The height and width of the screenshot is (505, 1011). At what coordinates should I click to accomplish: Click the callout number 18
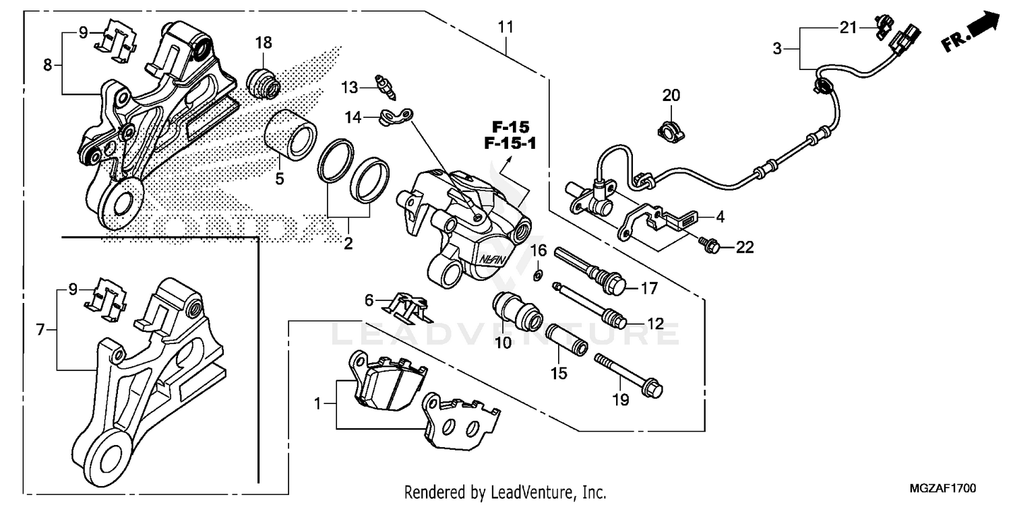[x=263, y=43]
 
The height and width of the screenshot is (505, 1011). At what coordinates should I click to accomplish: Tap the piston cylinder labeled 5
[x=290, y=134]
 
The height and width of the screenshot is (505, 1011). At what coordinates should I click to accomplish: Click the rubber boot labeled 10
[x=518, y=308]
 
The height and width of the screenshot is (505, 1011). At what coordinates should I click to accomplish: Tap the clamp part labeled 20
[x=670, y=128]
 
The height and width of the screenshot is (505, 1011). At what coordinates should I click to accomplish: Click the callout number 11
[x=506, y=28]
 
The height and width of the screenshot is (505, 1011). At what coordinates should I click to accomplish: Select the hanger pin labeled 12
[x=586, y=303]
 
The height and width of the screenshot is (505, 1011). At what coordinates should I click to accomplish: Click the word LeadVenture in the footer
[x=526, y=492]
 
